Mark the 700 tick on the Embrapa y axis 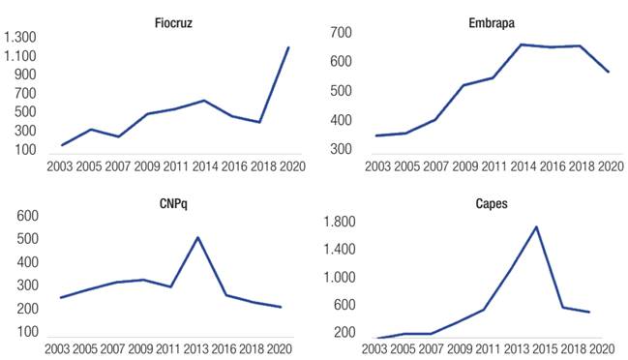coord(340,33)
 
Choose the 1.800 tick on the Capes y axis coord(340,223)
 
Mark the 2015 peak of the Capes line coord(536,226)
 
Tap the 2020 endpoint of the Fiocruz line coord(288,46)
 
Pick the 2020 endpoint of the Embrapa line coord(609,72)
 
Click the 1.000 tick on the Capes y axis coord(340,278)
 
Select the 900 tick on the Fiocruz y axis coord(25,75)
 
